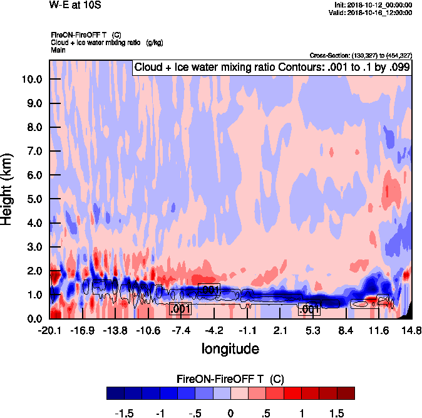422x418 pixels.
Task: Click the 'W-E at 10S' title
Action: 75,6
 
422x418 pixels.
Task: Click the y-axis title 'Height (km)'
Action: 8,188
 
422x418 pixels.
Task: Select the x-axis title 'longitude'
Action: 230,348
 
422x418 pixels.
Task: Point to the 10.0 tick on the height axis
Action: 31,80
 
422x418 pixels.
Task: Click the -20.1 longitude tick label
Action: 49,330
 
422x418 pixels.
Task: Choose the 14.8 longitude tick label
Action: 411,330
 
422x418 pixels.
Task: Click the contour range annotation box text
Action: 272,68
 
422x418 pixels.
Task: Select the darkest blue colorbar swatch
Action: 115,394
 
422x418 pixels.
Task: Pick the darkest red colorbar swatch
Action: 346,394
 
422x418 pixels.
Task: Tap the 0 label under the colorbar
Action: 230,414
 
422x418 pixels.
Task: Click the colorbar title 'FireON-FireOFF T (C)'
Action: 230,379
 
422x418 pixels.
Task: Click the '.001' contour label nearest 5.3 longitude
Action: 309,309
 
